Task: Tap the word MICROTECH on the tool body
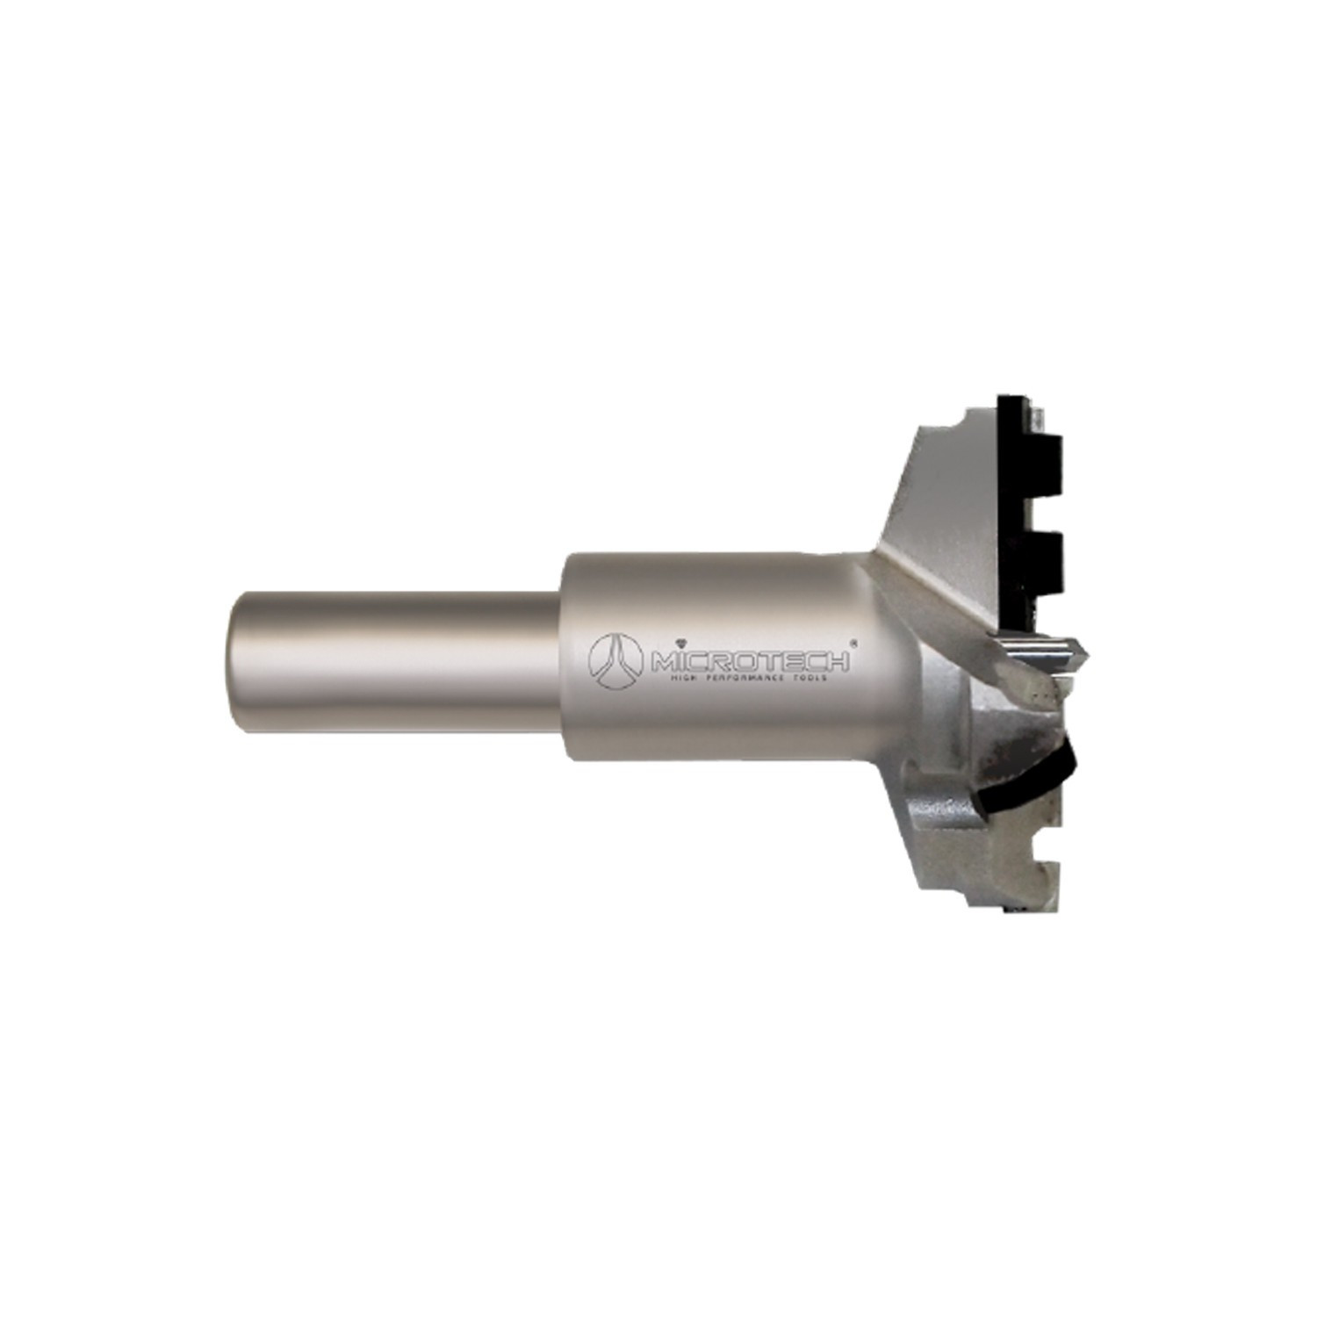coord(746,657)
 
